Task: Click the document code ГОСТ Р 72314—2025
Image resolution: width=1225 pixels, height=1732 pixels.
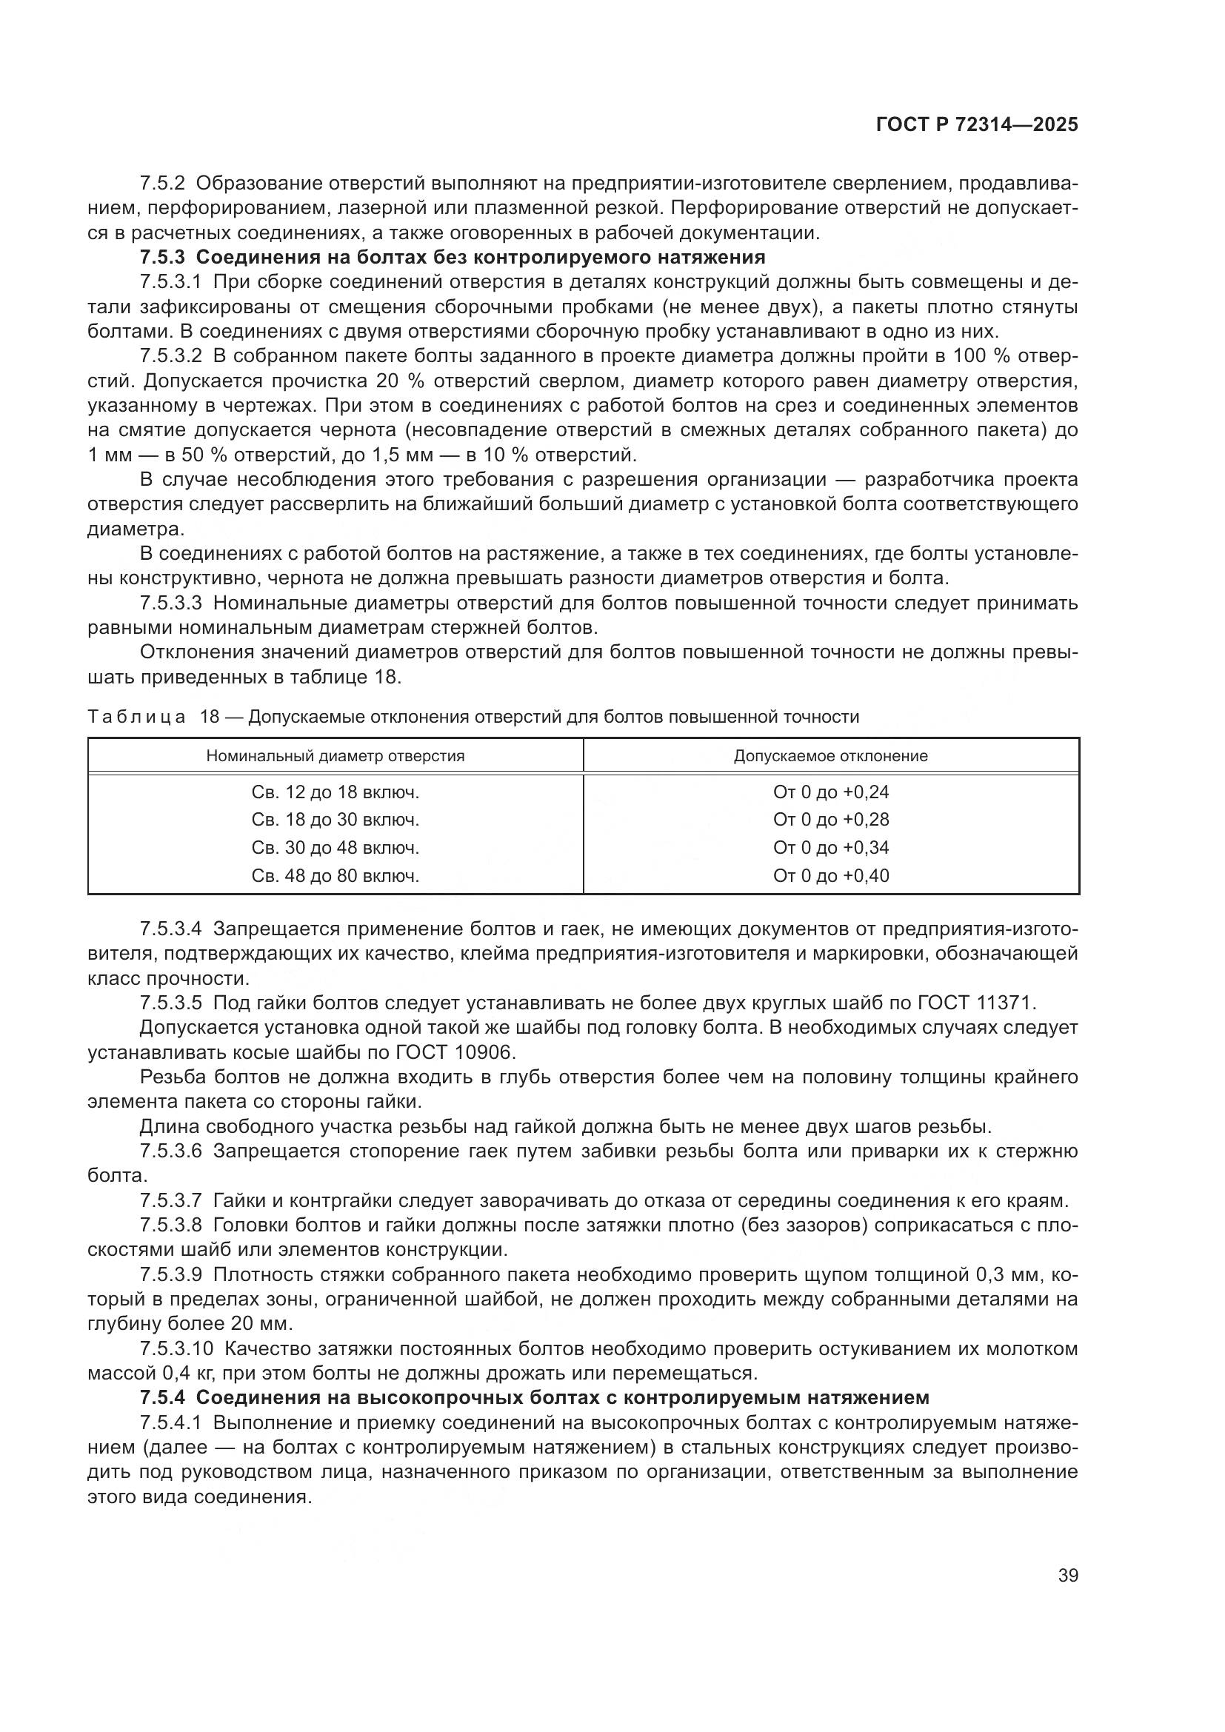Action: click(x=977, y=125)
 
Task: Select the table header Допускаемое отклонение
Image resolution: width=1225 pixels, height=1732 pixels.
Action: click(x=830, y=756)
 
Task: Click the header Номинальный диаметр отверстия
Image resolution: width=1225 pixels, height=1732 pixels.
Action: click(x=336, y=756)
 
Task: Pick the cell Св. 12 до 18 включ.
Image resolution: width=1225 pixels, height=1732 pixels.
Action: click(x=336, y=792)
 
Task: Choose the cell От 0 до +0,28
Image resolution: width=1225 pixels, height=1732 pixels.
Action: click(x=830, y=819)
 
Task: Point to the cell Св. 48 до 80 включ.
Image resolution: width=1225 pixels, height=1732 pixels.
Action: click(x=336, y=876)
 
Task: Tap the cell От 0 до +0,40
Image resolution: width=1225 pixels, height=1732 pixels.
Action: click(x=830, y=876)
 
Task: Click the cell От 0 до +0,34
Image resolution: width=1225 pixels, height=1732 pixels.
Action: click(x=830, y=848)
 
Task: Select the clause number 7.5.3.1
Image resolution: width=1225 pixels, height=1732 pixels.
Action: click(x=171, y=282)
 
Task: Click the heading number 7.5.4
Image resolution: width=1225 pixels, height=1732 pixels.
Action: click(x=161, y=1398)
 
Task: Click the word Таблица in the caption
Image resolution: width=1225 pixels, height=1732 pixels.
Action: click(x=136, y=717)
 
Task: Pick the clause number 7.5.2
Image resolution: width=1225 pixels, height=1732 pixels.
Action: click(x=161, y=184)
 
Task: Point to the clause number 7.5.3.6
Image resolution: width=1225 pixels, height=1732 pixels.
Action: click(x=171, y=1151)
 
